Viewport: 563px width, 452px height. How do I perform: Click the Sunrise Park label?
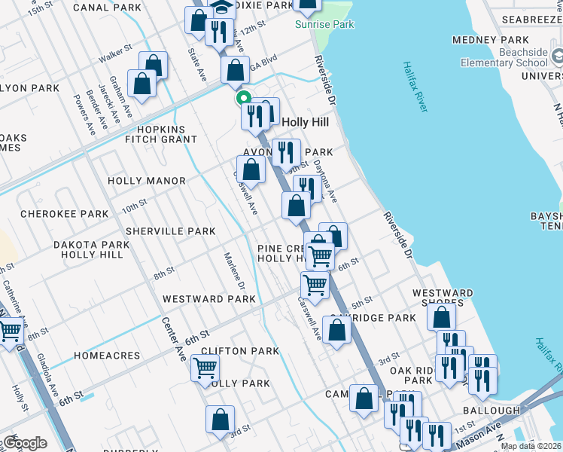[x=324, y=25]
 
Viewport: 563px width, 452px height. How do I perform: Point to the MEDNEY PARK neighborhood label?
[x=490, y=39]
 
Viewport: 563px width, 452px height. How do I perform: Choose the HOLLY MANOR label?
[x=146, y=181]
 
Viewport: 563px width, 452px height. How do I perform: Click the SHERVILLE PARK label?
[x=170, y=231]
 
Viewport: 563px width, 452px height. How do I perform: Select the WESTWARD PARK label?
[x=209, y=299]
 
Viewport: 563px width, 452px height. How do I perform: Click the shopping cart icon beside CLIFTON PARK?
[x=205, y=369]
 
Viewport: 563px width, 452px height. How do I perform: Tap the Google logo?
[x=24, y=443]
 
